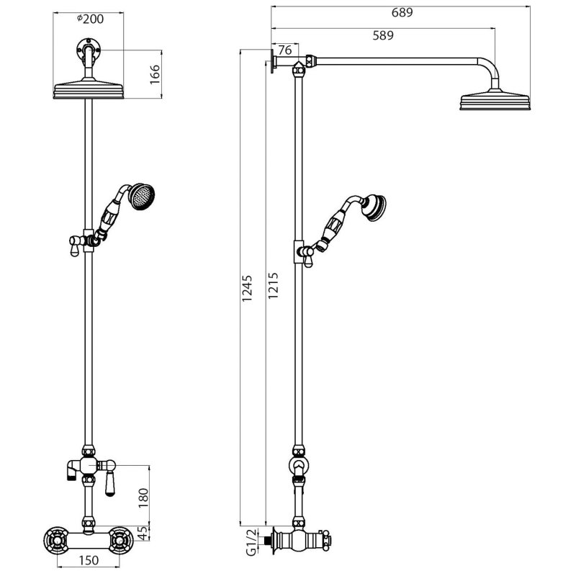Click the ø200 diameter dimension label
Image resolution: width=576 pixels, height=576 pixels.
91,19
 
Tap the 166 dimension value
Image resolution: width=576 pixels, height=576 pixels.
155,75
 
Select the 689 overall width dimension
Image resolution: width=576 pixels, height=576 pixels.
402,12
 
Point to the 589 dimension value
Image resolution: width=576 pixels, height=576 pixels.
383,35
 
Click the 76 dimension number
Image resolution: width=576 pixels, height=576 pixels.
285,50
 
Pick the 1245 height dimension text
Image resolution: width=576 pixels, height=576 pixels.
247,289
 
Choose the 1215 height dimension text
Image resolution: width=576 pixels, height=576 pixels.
273,285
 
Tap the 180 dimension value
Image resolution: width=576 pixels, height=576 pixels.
143,498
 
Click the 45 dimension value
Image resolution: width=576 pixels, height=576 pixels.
144,534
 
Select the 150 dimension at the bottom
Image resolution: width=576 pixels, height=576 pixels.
89,560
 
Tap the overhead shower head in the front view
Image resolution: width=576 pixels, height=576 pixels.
89,89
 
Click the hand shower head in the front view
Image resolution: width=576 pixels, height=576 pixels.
141,197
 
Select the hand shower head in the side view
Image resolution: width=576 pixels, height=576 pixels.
374,207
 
